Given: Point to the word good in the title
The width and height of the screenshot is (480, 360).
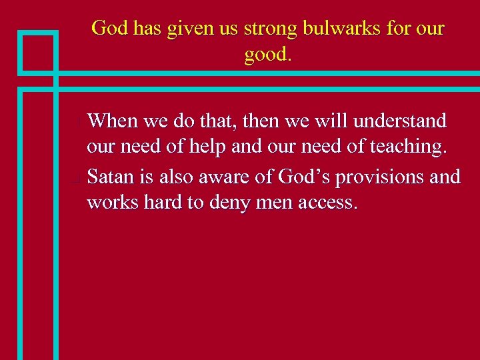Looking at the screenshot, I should click(x=265, y=55).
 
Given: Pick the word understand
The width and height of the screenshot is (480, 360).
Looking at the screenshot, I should click(x=400, y=121).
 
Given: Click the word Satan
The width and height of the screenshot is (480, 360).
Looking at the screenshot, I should click(x=111, y=177).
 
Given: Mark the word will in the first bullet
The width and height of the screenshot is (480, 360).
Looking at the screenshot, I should click(x=333, y=121).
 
